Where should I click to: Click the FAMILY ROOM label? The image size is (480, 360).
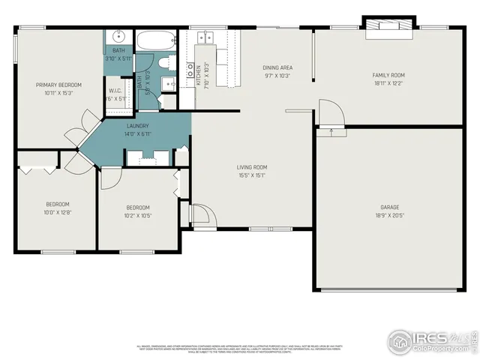point(388,75)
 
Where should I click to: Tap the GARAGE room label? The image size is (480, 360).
point(388,207)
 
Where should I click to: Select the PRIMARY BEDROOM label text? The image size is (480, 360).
point(58,85)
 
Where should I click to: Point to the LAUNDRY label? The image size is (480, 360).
point(137,126)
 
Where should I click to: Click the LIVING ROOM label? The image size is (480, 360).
point(252,167)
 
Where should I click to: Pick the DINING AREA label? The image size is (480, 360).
point(277,67)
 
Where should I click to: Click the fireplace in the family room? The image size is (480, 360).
point(388,27)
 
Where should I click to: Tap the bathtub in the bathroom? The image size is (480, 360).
point(155,40)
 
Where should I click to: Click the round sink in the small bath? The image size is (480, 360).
point(118,37)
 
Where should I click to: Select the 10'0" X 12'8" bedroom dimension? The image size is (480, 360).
point(58,212)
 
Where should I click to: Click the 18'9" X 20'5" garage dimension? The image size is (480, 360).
point(388,215)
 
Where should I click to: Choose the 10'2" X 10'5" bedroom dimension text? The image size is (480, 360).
point(137,215)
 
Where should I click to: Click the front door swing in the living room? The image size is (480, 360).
point(202,214)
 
